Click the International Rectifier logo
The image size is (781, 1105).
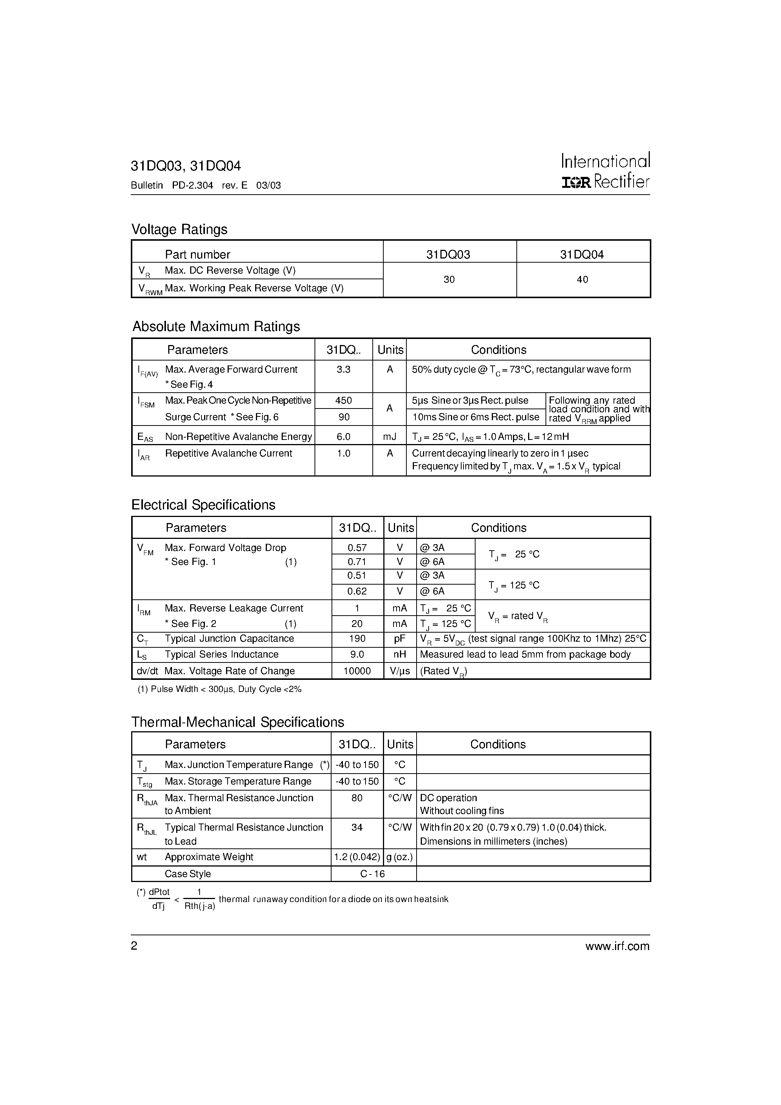pyautogui.click(x=605, y=171)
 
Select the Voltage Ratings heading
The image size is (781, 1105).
pyautogui.click(x=179, y=229)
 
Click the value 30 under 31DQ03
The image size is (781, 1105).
pyautogui.click(x=449, y=280)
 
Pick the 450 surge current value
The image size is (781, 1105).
pyautogui.click(x=343, y=401)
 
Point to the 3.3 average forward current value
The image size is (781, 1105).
pyautogui.click(x=343, y=369)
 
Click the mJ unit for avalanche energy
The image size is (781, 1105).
pyautogui.click(x=389, y=436)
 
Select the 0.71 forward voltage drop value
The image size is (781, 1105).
pyautogui.click(x=357, y=562)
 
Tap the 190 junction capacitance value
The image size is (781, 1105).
pyautogui.click(x=357, y=639)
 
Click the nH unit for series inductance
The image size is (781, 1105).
pyautogui.click(x=399, y=655)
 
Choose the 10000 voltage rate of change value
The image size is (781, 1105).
pyautogui.click(x=357, y=671)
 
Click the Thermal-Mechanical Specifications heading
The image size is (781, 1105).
pyautogui.click(x=237, y=723)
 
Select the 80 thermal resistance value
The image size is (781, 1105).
pyautogui.click(x=357, y=798)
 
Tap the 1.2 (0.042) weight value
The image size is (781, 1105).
pyautogui.click(x=357, y=857)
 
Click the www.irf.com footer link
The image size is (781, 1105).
pyautogui.click(x=617, y=947)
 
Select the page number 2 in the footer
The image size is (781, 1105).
pyautogui.click(x=134, y=946)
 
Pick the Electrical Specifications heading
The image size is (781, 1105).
pyautogui.click(x=203, y=505)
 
